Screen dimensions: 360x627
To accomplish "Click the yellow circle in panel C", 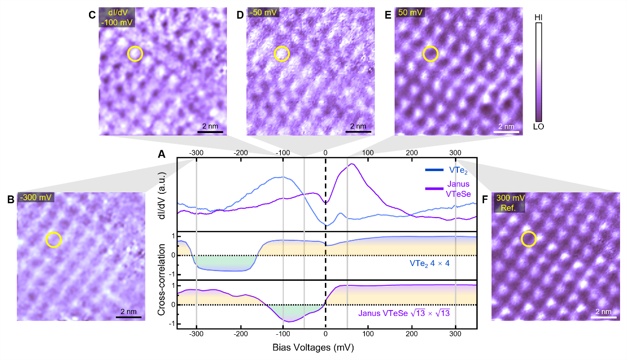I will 135,53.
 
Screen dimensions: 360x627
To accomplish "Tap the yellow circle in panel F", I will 529,239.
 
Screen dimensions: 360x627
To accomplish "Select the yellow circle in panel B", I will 53,240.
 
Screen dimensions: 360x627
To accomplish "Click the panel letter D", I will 240,15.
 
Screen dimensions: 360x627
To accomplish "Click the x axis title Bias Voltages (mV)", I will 313,348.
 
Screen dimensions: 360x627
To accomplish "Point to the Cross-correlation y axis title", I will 162,280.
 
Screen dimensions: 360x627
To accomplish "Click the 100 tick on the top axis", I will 368,152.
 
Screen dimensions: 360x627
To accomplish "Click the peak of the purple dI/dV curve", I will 352,164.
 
